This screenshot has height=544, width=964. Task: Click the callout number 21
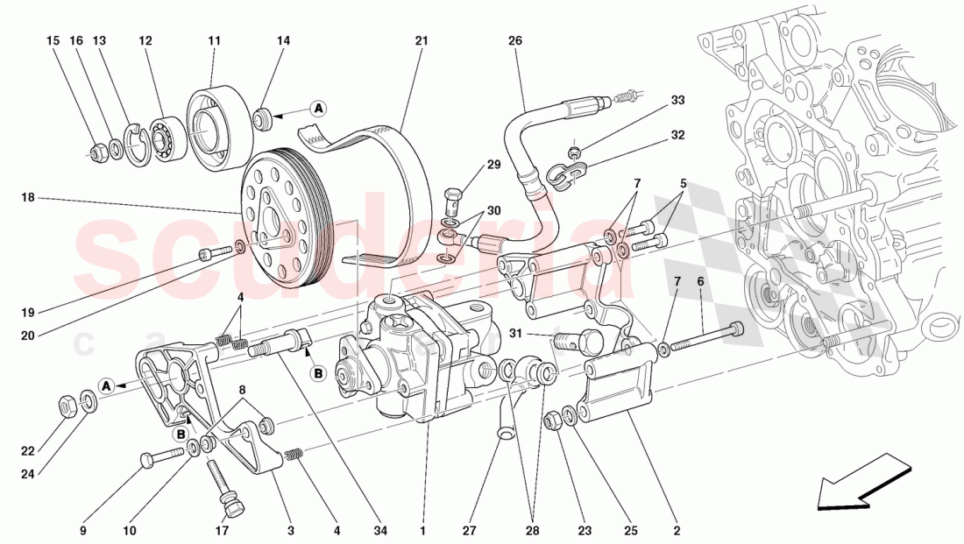point(421,40)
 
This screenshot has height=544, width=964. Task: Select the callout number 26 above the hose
point(514,40)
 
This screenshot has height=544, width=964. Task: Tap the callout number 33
point(677,101)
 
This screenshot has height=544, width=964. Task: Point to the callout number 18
point(27,199)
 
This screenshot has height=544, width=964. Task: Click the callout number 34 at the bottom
point(379,530)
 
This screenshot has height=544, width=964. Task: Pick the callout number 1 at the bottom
point(422,530)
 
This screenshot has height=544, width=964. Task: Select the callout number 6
point(700,281)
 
